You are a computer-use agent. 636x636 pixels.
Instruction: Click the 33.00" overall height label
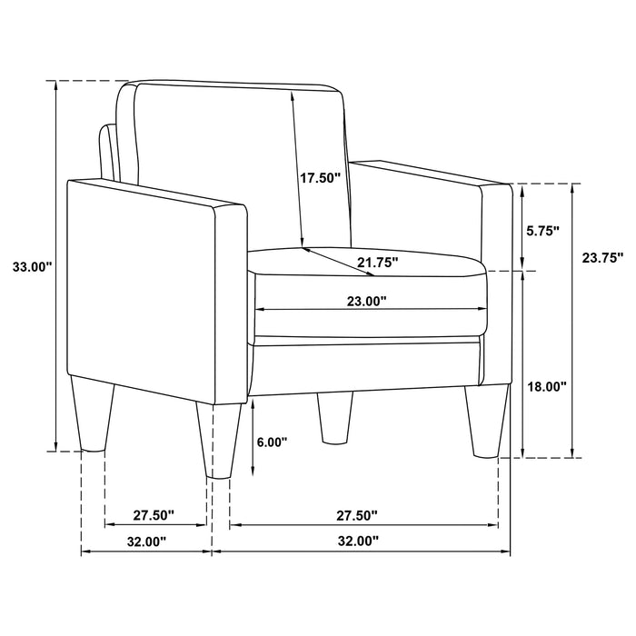pos(32,267)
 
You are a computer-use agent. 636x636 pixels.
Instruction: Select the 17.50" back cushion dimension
pos(320,178)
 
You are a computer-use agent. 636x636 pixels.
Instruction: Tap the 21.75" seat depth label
pos(376,263)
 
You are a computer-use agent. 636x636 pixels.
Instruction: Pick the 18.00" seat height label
pos(547,386)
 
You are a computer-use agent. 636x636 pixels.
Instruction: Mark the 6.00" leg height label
pos(272,442)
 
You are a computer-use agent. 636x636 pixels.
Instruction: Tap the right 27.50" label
pos(357,515)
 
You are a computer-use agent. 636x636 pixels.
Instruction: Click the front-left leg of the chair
pos(218,439)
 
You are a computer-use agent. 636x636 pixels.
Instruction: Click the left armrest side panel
pos(145,291)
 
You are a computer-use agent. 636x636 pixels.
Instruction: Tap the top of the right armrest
pos(427,173)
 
